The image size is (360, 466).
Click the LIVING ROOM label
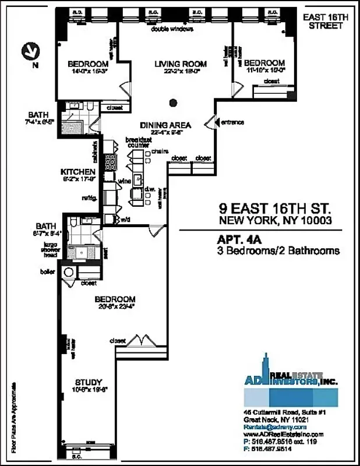point(172,64)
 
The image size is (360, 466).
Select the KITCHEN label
point(77,172)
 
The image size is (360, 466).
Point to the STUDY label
point(88,382)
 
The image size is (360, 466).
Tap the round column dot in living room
point(172,104)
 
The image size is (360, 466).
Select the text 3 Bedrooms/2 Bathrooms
point(278,251)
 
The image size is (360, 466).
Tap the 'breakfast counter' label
point(137,142)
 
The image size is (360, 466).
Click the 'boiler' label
point(47,272)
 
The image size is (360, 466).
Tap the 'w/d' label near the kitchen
point(125,220)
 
